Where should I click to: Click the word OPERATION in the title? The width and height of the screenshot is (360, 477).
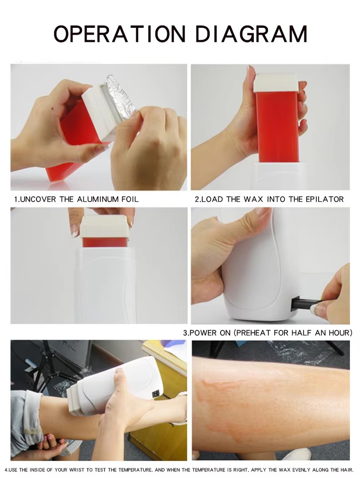(x=119, y=34)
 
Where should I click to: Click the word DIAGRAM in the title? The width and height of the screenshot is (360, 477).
(x=251, y=34)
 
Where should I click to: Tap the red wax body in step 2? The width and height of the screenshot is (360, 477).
(x=278, y=127)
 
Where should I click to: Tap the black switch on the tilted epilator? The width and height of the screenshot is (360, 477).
(x=155, y=394)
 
